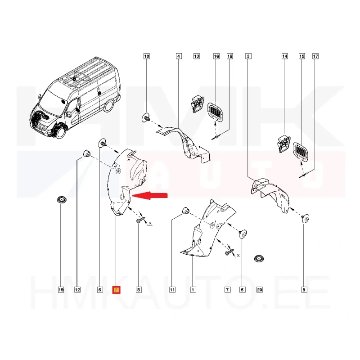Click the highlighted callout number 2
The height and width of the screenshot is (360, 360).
[x=116, y=290]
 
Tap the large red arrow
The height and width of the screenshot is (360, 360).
[x=150, y=195]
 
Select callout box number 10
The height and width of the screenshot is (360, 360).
[x=147, y=56]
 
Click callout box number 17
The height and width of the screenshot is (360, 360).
[x=315, y=56]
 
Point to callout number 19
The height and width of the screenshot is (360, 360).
[x=61, y=290]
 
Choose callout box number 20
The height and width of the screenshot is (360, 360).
[x=260, y=290]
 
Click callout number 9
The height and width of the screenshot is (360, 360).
[x=304, y=290]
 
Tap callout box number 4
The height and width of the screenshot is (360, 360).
[x=179, y=56]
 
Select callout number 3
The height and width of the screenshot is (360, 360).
[x=248, y=56]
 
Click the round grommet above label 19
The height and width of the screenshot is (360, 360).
[x=61, y=200]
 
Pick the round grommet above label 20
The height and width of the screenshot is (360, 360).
[x=259, y=259]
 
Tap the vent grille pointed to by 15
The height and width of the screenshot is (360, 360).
[x=301, y=151]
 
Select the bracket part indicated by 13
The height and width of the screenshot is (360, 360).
[x=197, y=104]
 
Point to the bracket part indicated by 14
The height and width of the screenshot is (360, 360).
[x=284, y=144]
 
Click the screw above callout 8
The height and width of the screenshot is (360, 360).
[x=140, y=220]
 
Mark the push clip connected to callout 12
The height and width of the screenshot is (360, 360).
[x=86, y=153]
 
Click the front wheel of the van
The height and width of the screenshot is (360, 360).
[x=60, y=131]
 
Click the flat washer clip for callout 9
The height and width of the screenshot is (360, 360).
[x=306, y=218]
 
